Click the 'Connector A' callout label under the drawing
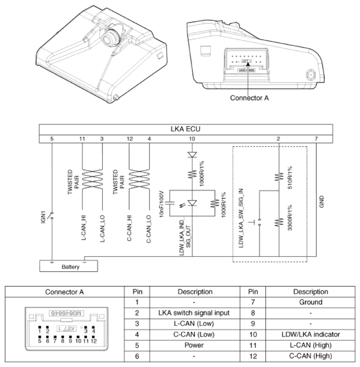click(x=249, y=98)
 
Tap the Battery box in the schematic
click(x=70, y=266)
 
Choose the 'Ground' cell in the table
click(x=311, y=301)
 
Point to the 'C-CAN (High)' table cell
click(x=311, y=356)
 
